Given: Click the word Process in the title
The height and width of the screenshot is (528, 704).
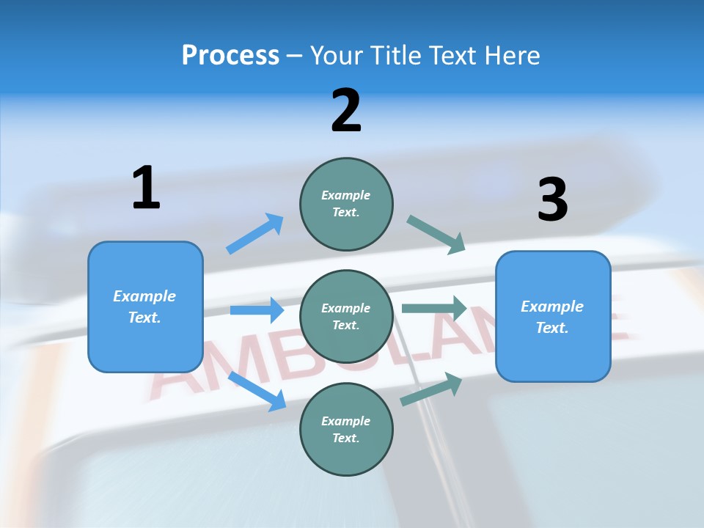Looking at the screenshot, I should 230,56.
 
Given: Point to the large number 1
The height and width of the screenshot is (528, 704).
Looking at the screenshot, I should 146,188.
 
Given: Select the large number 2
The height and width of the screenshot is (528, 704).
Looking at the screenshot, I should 346,110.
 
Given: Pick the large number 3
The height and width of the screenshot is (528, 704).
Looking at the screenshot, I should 552,199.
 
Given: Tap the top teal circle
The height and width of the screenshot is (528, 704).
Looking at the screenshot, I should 346,204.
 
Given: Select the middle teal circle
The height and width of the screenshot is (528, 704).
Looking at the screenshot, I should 346,317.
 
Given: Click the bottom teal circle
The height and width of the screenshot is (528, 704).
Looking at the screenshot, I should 346,430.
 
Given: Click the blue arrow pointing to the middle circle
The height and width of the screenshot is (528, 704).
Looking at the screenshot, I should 257,310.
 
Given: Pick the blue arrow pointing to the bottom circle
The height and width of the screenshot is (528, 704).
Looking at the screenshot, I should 257,391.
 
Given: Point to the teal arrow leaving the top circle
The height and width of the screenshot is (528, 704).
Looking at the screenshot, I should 436,235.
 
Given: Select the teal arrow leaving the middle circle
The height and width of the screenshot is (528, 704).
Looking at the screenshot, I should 433,308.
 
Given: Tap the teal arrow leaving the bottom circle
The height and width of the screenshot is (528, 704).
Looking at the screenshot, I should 431,389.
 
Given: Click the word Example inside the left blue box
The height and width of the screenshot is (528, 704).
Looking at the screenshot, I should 144,296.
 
